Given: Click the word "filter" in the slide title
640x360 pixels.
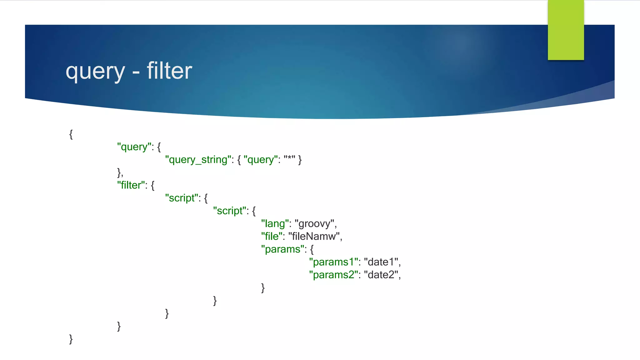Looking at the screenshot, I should point(169,71).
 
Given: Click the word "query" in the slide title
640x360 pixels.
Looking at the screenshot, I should point(95,72).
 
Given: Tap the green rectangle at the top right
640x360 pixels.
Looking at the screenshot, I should point(566,30).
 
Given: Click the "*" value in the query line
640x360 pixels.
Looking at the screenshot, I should point(289,159).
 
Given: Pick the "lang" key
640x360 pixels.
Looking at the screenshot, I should point(275,224).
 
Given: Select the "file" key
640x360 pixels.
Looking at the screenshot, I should point(272,237).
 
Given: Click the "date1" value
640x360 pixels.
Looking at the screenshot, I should point(381,262).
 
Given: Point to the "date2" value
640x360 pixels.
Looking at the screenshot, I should point(381,275).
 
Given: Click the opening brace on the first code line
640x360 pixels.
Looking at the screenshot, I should point(71,134).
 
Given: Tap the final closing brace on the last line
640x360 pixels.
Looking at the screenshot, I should point(71,339).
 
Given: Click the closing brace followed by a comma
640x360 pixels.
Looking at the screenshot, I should point(119,172).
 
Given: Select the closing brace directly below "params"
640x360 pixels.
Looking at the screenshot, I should point(263,288).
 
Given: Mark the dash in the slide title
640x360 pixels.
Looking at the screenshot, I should point(136,74).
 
